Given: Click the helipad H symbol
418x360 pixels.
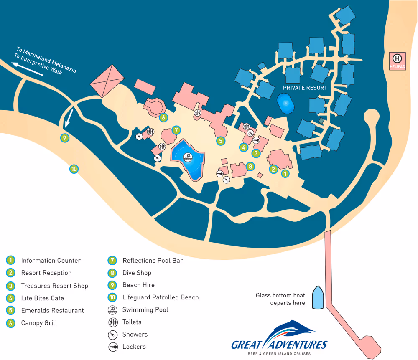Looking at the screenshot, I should point(398,58).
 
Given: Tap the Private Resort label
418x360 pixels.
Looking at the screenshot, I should point(305,88).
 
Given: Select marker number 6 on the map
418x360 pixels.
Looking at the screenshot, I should point(163,117).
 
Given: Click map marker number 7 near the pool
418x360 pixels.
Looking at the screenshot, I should point(176,130).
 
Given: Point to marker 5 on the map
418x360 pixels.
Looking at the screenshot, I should point(221,141).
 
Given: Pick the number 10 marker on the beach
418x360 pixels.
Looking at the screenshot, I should point(74,169).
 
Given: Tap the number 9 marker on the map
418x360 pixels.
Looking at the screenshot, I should point(64,137).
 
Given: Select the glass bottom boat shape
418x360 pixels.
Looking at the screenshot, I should point(318,297).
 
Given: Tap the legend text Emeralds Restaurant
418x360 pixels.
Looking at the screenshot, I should point(52,310).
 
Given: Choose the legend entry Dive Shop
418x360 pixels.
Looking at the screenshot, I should point(137,273).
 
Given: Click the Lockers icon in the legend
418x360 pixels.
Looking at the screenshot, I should point(112,347).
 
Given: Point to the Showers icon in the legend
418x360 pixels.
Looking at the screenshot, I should point(112,335).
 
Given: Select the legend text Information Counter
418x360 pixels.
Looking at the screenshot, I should point(51,261).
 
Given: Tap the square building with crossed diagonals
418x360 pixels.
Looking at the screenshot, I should point(107,81).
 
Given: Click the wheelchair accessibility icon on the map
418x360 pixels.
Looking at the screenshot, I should point(250,133).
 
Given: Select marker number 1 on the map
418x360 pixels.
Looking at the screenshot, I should point(285,173).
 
